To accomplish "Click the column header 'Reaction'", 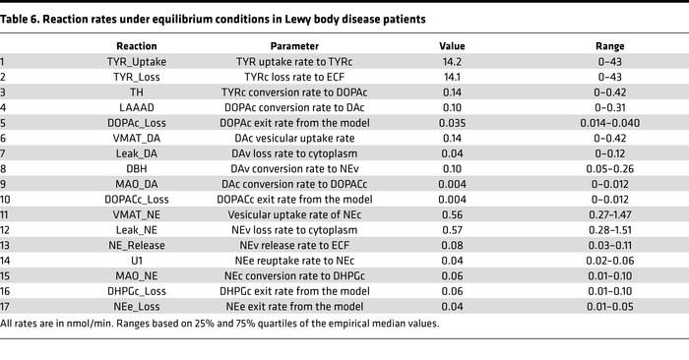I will tap(137, 46).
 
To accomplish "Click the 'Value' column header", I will tap(453, 46).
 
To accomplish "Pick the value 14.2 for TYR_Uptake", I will tap(453, 62).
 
